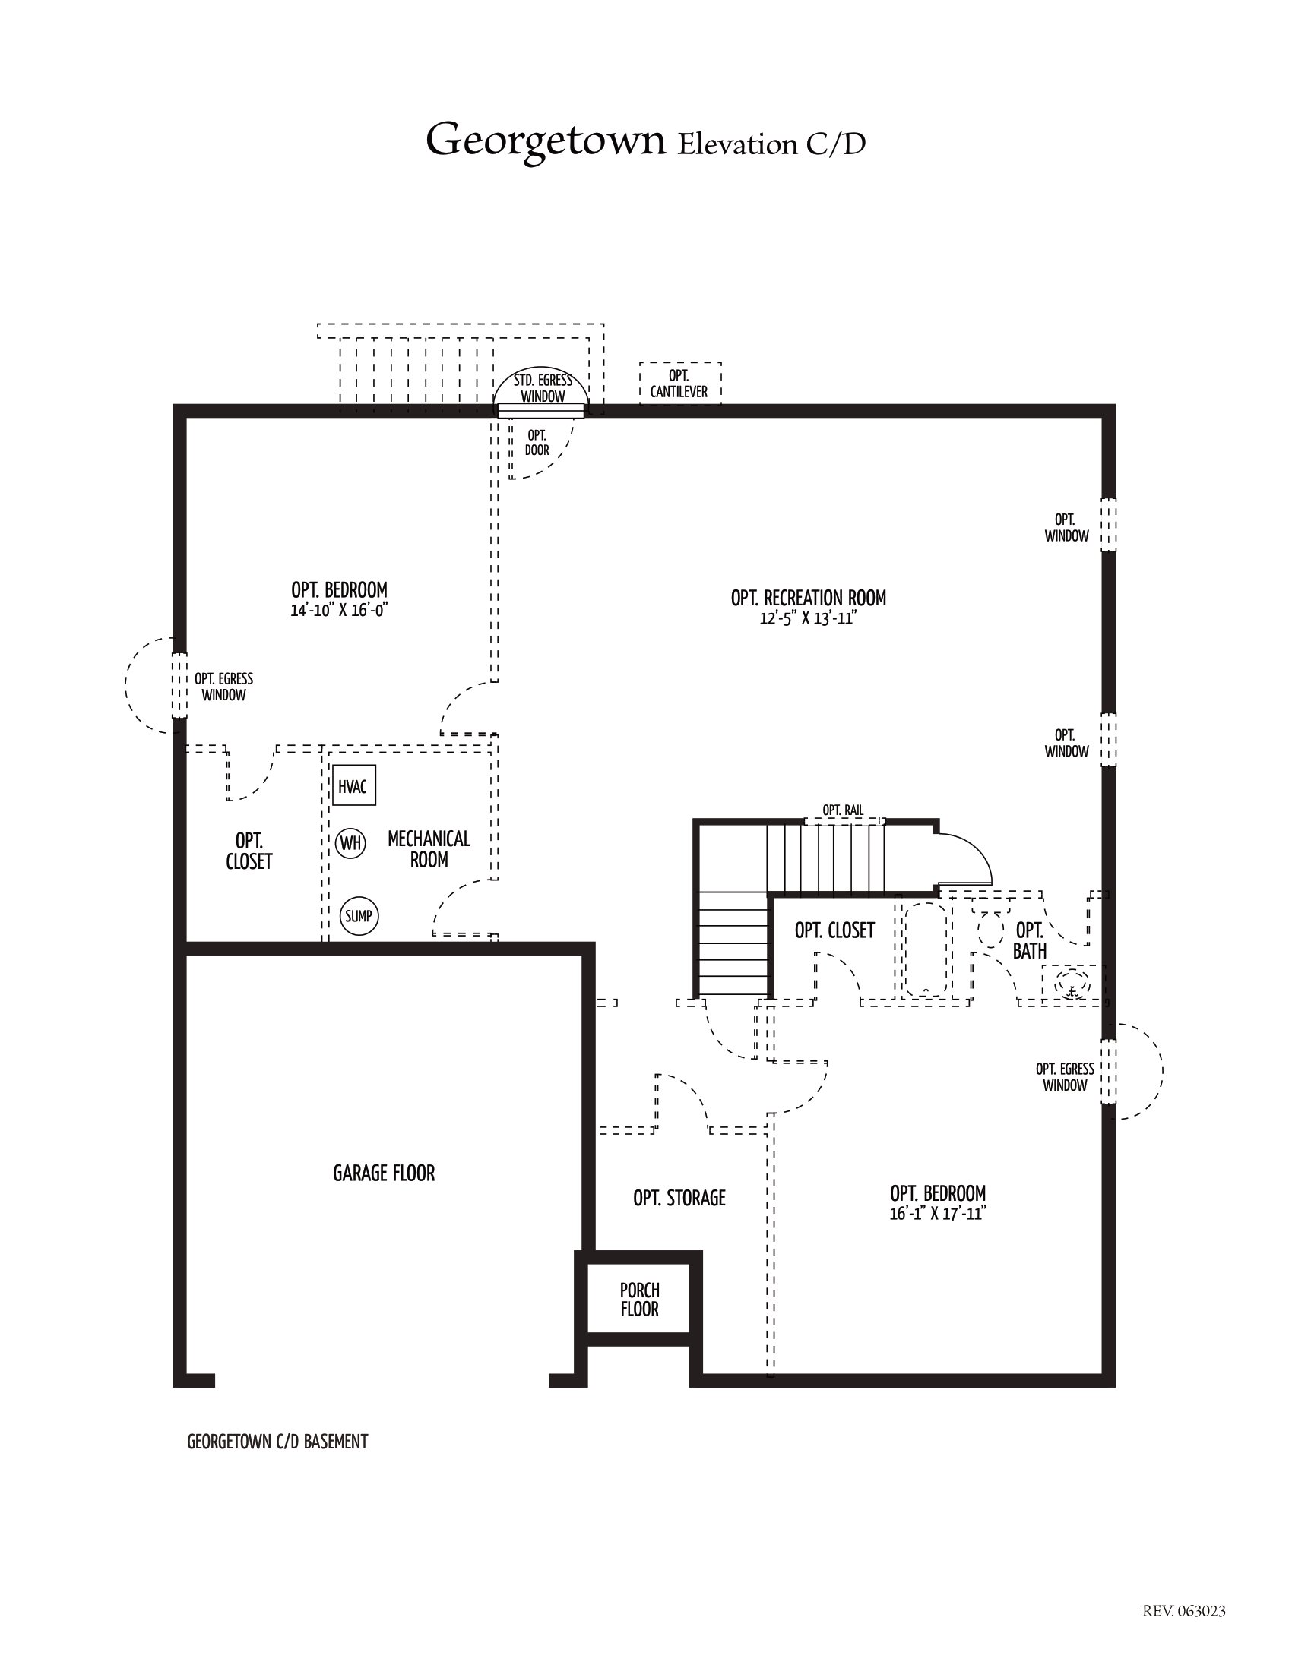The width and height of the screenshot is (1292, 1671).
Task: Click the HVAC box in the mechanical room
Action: point(353,785)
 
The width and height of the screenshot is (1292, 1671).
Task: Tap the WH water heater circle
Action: point(350,843)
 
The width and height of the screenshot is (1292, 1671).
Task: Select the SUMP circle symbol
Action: point(359,916)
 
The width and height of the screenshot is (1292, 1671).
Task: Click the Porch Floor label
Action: point(640,1300)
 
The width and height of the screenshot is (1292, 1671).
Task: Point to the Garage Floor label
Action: point(384,1173)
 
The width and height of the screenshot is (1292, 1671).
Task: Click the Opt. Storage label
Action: point(679,1197)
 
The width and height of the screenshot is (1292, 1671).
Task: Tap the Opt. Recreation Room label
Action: point(809,598)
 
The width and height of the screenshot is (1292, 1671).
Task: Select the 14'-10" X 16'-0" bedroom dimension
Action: point(339,611)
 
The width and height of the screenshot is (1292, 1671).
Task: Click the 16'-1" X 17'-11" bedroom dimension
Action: point(938,1214)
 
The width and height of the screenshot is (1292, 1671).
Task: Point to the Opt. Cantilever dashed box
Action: point(680,384)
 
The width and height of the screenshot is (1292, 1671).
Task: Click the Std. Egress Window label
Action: point(543,388)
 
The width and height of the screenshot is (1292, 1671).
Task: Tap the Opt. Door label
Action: point(537,443)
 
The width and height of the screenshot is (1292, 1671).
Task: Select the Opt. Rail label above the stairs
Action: point(843,810)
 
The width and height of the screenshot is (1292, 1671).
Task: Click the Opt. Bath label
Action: point(1030,940)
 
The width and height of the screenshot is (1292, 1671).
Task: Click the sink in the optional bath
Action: point(1072,984)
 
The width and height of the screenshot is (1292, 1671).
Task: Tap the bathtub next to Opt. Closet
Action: point(928,950)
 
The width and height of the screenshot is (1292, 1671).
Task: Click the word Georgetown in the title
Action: point(545,141)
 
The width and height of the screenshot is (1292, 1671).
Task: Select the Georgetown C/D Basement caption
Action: point(277,1442)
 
